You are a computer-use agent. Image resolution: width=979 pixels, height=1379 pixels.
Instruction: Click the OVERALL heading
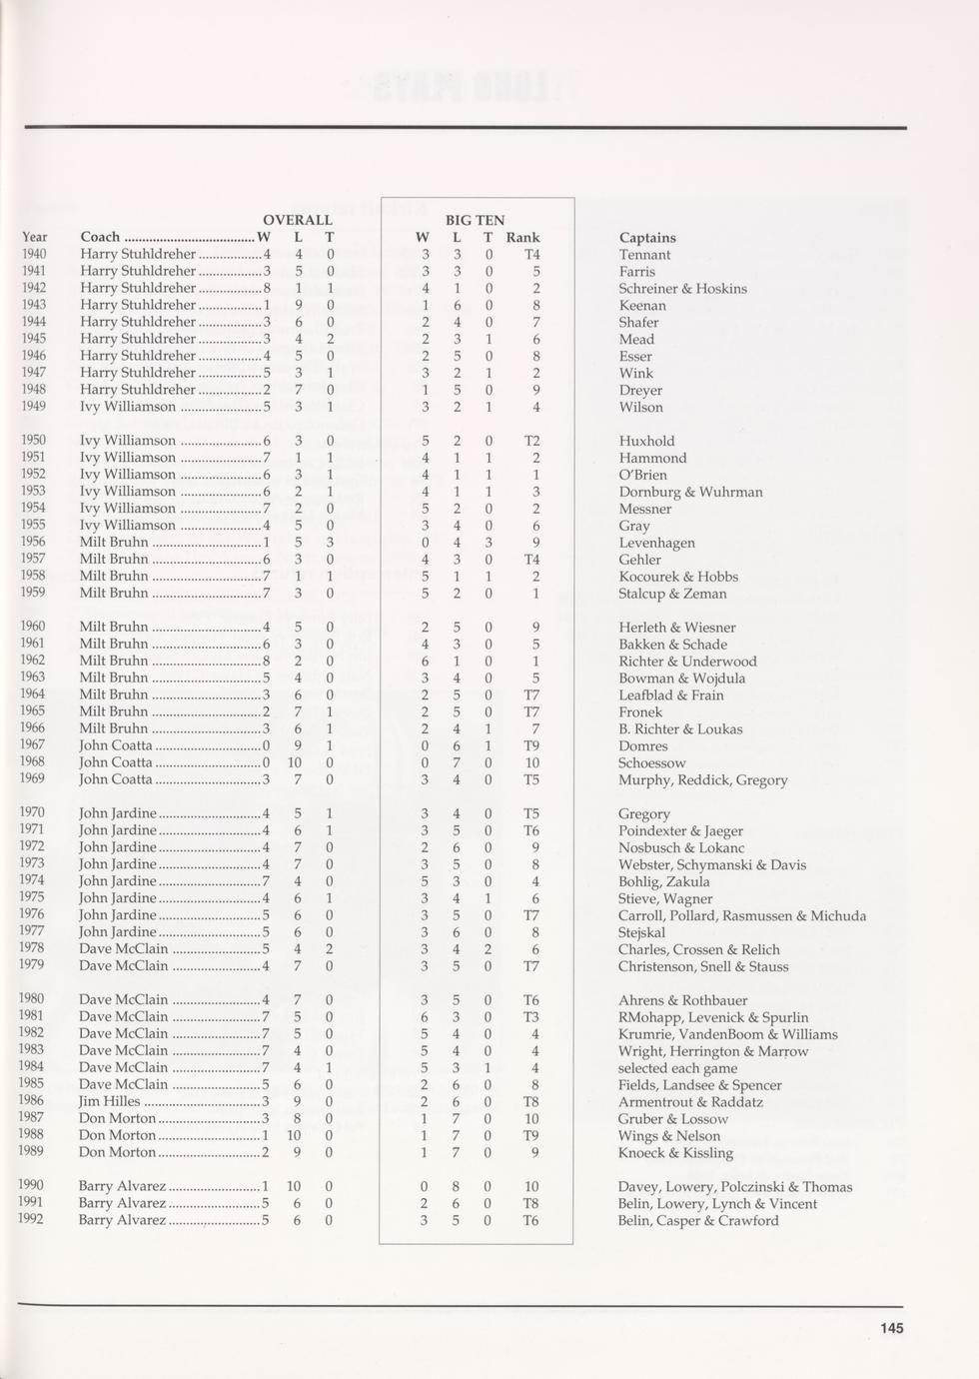point(297,220)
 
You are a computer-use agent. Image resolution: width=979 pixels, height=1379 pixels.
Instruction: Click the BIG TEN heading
point(475,220)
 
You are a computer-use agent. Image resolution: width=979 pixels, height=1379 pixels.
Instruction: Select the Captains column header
point(647,238)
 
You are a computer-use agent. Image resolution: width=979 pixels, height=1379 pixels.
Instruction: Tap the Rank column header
point(522,238)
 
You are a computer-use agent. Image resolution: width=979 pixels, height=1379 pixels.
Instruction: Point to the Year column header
point(35,237)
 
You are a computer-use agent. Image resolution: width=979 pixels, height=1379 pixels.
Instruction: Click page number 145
point(891,1328)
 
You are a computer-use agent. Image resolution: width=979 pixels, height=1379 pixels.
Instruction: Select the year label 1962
point(33,661)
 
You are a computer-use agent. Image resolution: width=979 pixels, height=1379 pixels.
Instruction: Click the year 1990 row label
point(33,1186)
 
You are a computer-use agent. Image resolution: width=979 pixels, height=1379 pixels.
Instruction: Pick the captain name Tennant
point(644,255)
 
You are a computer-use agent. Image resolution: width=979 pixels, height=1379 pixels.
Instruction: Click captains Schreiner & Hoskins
point(682,289)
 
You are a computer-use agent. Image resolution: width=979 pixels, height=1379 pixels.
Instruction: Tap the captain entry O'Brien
point(642,475)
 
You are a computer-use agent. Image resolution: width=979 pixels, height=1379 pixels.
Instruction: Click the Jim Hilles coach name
point(110,1101)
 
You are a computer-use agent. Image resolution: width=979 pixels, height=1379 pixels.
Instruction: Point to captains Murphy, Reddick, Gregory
point(702,780)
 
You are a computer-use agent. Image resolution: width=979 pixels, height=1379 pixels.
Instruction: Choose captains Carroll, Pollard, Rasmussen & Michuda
point(741,916)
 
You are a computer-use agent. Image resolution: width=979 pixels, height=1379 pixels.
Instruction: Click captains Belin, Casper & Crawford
point(697,1221)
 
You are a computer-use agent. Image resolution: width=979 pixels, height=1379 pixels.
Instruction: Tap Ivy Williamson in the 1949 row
point(127,407)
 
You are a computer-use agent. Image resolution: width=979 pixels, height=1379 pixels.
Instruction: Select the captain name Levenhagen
point(656,543)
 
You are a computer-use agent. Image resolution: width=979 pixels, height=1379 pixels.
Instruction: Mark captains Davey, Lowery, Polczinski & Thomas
point(734,1187)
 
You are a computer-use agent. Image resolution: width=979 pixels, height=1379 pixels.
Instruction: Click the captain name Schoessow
point(651,763)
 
